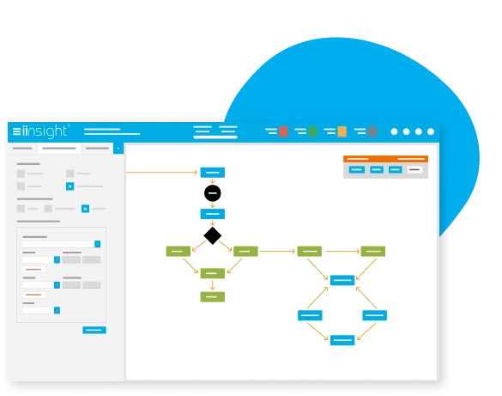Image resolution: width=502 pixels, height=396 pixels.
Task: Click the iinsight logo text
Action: pyautogui.click(x=45, y=131)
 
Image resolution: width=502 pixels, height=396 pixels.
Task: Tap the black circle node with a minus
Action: pyautogui.click(x=213, y=193)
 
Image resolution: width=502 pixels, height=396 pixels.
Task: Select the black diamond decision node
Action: pyautogui.click(x=213, y=236)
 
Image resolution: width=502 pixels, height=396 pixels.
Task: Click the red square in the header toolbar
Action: pyautogui.click(x=283, y=131)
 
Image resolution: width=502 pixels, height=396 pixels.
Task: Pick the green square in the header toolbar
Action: pyautogui.click(x=313, y=131)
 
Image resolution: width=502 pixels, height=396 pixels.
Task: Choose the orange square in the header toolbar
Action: pyautogui.click(x=342, y=131)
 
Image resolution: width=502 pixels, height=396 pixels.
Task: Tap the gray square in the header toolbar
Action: pyautogui.click(x=372, y=131)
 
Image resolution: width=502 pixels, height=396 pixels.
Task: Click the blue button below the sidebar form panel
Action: pyautogui.click(x=94, y=330)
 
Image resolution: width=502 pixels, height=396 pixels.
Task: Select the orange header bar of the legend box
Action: pyautogui.click(x=385, y=159)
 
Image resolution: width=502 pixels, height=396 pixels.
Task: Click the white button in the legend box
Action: pyautogui.click(x=414, y=169)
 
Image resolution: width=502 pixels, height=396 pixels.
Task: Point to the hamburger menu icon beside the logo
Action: pyautogui.click(x=16, y=131)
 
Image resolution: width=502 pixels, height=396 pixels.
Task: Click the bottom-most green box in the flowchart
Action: pyautogui.click(x=213, y=297)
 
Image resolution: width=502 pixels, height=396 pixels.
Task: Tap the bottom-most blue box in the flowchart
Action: pyautogui.click(x=342, y=340)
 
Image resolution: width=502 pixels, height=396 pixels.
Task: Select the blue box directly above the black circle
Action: pyautogui.click(x=213, y=173)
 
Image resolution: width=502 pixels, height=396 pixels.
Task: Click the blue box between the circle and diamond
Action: pyautogui.click(x=213, y=214)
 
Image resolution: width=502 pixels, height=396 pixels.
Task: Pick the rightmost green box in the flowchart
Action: pyautogui.click(x=373, y=251)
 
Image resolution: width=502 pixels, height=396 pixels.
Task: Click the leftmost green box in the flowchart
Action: pyautogui.click(x=178, y=251)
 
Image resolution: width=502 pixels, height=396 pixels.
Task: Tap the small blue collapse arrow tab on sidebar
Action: pyautogui.click(x=118, y=149)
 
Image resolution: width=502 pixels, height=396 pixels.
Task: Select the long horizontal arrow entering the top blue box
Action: pyautogui.click(x=161, y=173)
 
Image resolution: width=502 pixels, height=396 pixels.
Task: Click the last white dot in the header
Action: pyautogui.click(x=431, y=131)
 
